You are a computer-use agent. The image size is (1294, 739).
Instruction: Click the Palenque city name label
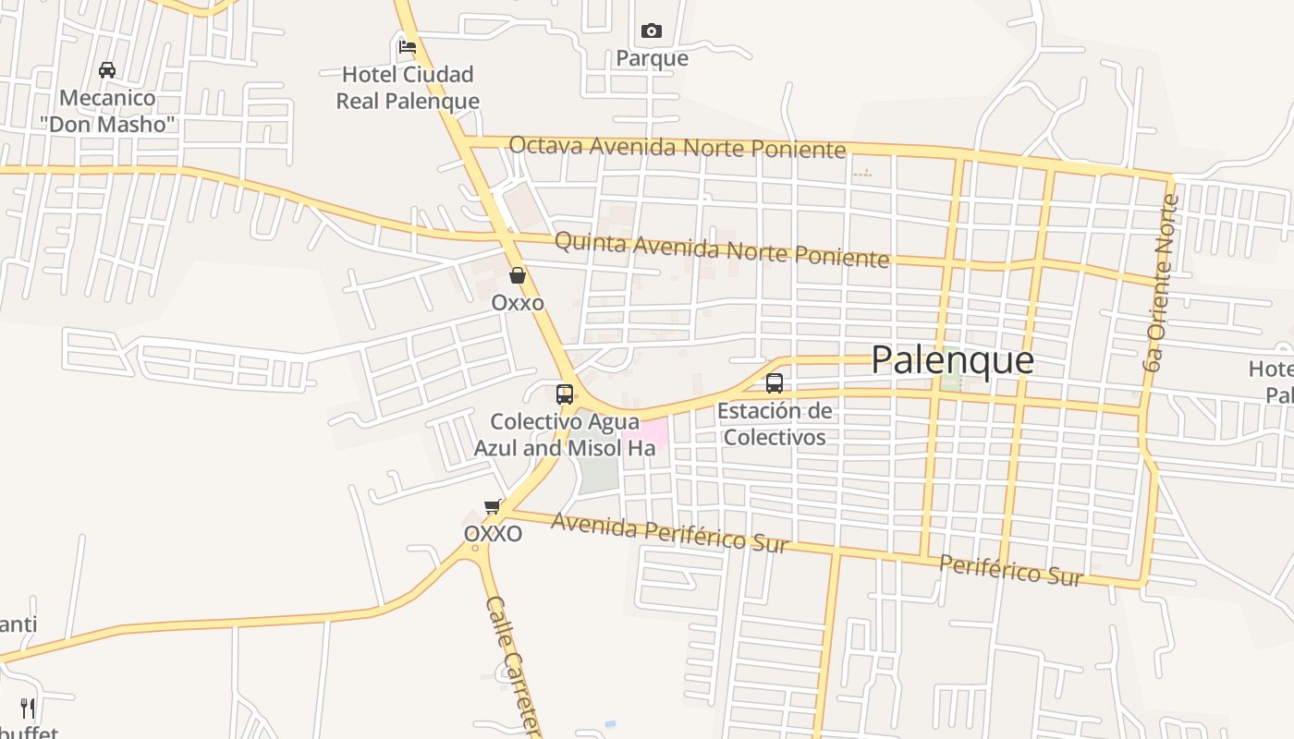[x=952, y=360]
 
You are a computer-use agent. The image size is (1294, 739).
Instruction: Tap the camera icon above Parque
[x=652, y=31]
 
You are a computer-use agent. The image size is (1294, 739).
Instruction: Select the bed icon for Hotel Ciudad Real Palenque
[x=407, y=46]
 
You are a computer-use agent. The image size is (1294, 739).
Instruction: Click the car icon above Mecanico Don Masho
[x=107, y=70]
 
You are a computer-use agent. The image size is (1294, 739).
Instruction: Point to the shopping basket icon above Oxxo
[x=518, y=275]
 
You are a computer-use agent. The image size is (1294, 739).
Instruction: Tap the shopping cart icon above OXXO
[x=493, y=506]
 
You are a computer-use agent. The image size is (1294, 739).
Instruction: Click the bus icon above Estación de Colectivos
[x=775, y=382]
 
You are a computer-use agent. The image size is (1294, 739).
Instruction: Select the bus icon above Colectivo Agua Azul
[x=564, y=394]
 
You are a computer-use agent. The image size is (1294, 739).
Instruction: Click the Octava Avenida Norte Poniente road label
[x=678, y=147]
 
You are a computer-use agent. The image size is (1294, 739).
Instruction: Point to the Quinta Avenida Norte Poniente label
[x=722, y=248]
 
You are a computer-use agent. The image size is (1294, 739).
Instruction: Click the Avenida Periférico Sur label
[x=670, y=532]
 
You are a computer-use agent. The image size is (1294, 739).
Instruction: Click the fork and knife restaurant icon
[x=28, y=709]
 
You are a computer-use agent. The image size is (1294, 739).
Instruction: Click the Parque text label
[x=653, y=59]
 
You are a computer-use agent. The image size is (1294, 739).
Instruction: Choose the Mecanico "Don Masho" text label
[x=107, y=111]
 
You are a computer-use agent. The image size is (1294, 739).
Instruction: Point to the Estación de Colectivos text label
[x=775, y=424]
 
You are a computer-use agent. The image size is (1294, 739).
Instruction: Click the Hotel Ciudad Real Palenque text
[x=408, y=88]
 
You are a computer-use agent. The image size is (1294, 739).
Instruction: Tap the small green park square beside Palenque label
[x=950, y=381]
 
